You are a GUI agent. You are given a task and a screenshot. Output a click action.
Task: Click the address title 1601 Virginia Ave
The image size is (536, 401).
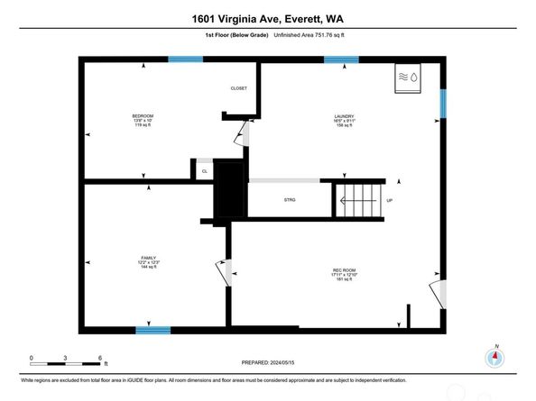click(x=268, y=16)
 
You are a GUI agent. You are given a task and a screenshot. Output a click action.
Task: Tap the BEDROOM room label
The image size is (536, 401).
click(x=143, y=116)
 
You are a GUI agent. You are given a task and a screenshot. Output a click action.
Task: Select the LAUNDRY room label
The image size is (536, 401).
click(x=343, y=116)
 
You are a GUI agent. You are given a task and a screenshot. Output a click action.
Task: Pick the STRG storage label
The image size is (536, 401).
click(x=290, y=200)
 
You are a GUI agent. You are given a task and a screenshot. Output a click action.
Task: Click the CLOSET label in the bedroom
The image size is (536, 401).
click(x=238, y=88)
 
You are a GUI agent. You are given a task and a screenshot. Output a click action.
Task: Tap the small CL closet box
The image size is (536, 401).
click(x=204, y=170)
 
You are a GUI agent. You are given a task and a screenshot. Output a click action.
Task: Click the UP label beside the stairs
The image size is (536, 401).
click(x=389, y=200)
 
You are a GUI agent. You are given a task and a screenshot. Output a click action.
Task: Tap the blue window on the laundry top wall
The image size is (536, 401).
click(x=341, y=60)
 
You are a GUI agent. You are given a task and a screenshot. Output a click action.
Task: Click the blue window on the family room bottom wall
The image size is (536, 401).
click(x=152, y=330)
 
